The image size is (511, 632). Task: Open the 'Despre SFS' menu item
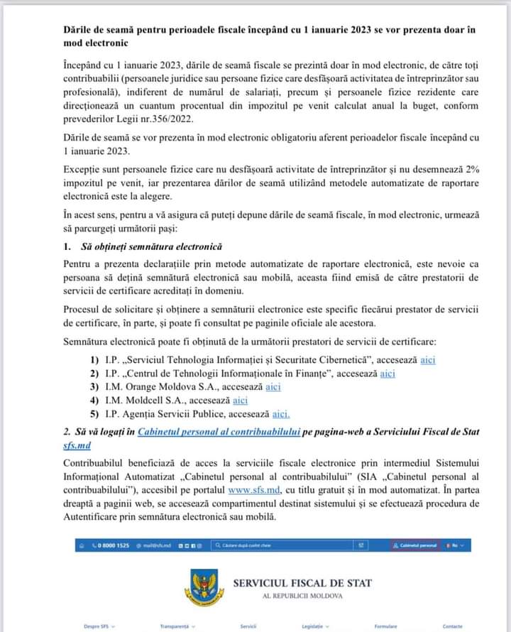pos(97,626)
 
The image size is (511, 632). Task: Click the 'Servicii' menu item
pos(248,626)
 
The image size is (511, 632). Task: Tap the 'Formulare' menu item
pos(386,626)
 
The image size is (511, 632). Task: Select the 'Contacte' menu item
pos(452,626)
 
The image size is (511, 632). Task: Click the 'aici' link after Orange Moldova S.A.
pos(273,387)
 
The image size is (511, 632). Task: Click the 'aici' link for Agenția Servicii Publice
pos(281,414)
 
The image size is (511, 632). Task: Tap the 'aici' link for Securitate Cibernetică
pos(427,360)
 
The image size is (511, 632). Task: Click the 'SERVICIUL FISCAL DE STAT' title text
pos(302,583)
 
